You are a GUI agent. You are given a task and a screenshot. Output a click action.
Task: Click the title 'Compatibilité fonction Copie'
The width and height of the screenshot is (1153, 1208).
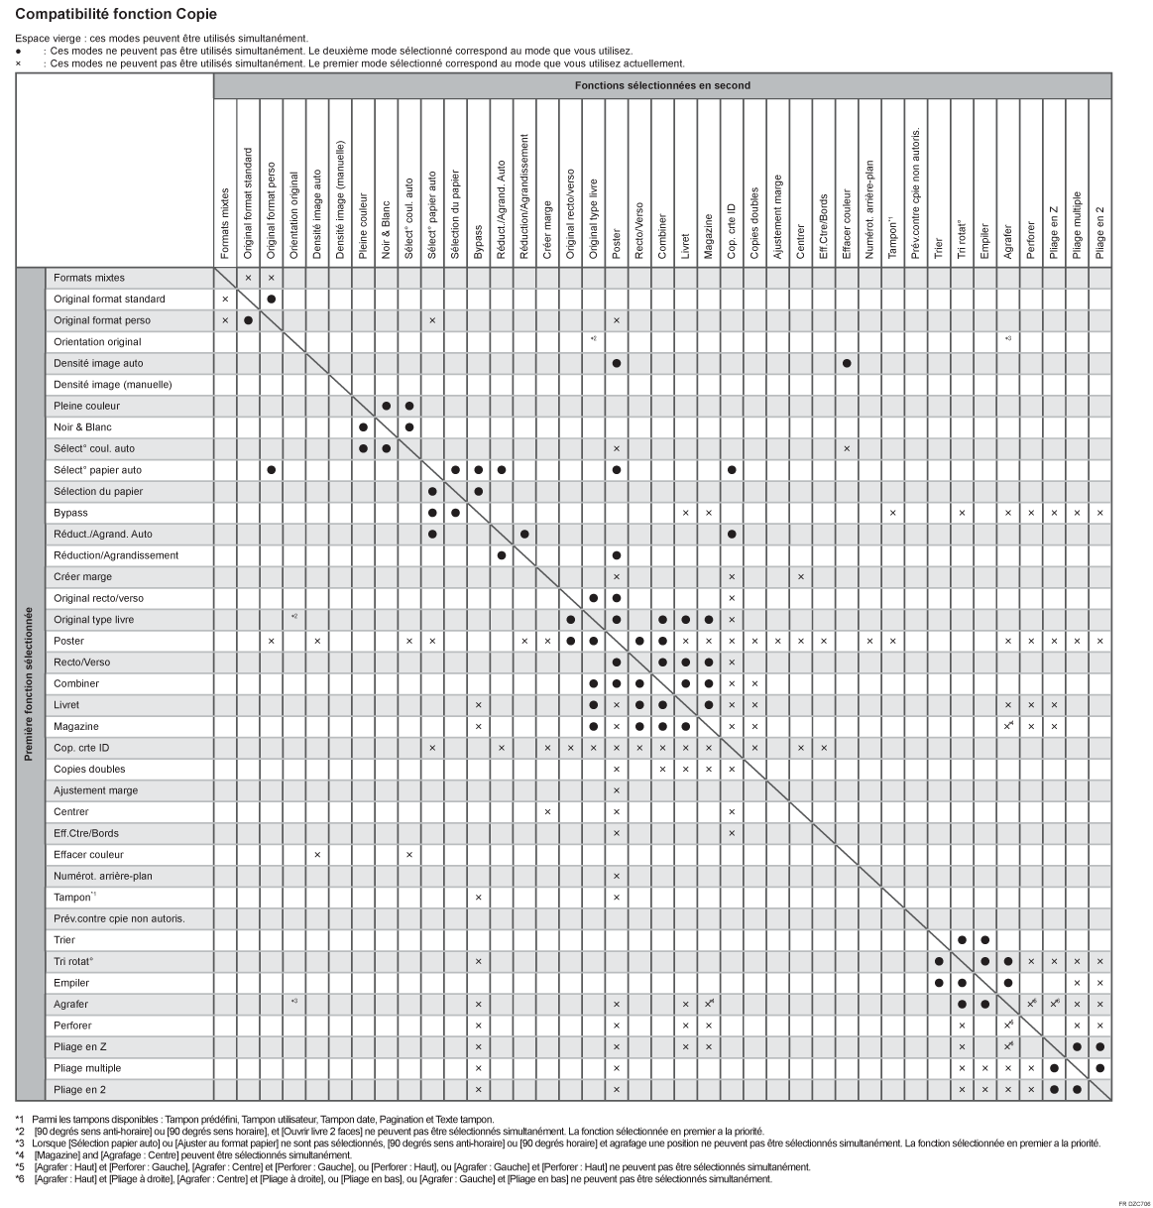116,15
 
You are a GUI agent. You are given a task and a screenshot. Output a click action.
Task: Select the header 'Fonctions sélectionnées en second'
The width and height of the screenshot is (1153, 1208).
662,85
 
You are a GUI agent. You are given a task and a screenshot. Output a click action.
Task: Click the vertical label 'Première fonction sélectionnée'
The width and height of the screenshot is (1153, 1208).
30,684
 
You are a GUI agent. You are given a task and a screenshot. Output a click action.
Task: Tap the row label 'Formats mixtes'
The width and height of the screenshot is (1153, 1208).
89,278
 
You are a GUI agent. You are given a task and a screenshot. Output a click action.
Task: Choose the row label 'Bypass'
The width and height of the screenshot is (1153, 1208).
70,513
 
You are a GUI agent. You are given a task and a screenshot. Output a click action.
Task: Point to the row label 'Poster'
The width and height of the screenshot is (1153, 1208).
68,641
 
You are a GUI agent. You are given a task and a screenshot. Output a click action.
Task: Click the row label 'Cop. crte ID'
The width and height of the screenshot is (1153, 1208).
81,748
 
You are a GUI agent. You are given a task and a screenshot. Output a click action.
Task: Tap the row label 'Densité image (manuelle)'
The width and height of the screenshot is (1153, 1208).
112,384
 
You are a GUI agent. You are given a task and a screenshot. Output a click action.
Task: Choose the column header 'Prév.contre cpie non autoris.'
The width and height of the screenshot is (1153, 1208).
915,193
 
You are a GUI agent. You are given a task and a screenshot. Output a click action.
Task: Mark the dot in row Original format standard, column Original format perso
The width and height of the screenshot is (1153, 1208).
271,299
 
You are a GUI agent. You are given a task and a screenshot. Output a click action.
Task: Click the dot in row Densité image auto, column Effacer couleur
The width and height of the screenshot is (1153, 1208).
847,363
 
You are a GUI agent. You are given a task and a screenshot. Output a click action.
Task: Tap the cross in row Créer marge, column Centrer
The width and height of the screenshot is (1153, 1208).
801,577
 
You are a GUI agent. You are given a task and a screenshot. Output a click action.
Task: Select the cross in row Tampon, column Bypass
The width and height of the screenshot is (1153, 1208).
478,898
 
